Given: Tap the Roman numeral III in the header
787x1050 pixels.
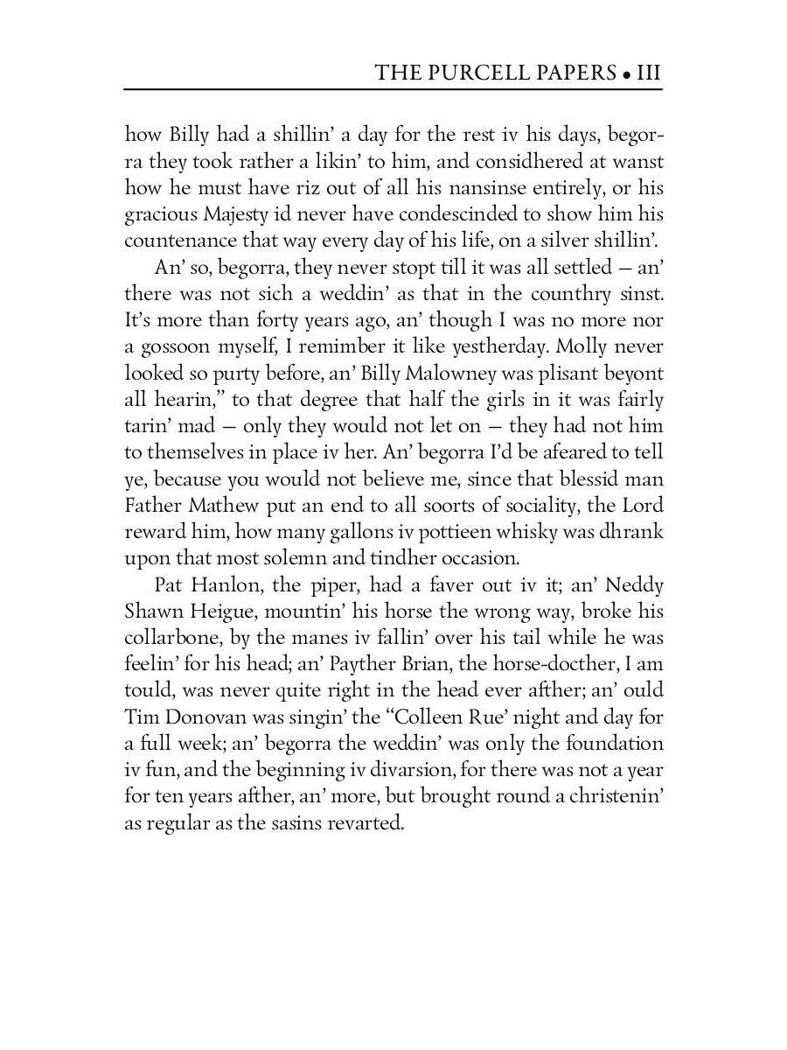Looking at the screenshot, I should [648, 72].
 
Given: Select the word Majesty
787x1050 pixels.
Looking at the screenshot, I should [231, 216].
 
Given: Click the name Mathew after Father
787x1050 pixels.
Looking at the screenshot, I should [223, 506].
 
